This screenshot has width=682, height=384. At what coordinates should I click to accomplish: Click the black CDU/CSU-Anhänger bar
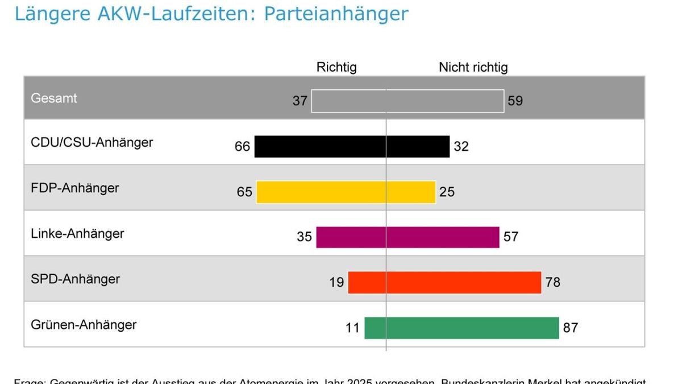352,146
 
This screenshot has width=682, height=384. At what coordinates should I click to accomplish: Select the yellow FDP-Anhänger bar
346,192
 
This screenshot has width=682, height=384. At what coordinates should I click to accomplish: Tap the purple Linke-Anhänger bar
407,237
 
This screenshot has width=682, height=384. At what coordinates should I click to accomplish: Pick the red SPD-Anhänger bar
444,283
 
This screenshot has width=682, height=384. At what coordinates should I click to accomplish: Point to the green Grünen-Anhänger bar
461,328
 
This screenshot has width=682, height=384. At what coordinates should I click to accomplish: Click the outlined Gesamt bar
407,101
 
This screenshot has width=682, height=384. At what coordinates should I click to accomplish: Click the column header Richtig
336,67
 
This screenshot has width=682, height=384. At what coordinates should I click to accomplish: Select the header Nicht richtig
473,67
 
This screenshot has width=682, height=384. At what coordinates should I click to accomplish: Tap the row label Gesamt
54,98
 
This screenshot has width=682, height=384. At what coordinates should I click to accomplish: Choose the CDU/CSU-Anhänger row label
92,142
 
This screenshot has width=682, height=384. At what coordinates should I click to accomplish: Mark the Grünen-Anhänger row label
84,325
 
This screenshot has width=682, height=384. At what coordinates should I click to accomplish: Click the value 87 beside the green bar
571,328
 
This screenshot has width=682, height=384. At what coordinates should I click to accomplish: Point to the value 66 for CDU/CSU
242,147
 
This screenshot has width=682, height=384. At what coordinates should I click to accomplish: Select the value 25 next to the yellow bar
447,192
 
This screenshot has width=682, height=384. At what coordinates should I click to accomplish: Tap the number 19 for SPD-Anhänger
336,282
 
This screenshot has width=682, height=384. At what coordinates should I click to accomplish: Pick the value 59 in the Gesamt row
515,101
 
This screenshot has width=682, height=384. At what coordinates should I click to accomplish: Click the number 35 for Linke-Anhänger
304,237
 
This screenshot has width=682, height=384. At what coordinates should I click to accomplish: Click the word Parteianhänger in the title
336,13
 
